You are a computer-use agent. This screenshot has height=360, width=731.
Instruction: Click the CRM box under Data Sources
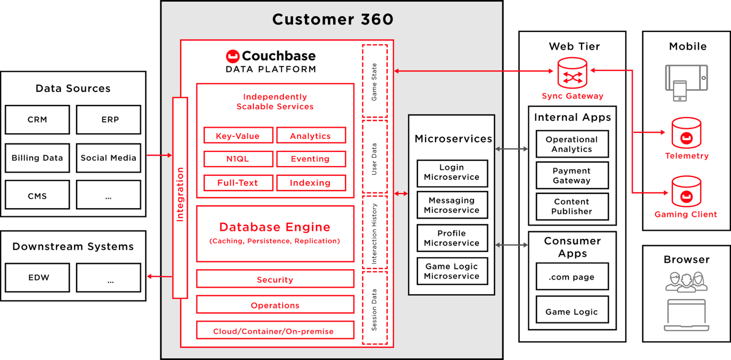(x=37, y=120)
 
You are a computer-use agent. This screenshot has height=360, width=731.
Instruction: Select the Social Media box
(x=108, y=158)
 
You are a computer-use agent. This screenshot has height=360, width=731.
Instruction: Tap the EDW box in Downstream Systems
(x=37, y=277)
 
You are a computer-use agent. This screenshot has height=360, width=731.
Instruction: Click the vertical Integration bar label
(x=180, y=194)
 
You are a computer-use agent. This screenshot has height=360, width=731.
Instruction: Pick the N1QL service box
(x=238, y=159)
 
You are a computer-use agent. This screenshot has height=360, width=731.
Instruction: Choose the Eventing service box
(x=311, y=159)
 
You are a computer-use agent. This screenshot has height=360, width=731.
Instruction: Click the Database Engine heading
(x=275, y=227)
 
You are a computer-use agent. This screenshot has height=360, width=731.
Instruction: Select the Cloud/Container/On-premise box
(x=275, y=331)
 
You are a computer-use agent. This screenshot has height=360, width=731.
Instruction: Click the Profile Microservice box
(x=452, y=238)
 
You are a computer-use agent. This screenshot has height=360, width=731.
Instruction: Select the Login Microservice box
(x=452, y=172)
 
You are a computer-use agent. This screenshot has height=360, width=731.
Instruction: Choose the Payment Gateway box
(x=572, y=175)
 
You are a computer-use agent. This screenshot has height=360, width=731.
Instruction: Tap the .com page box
(x=572, y=277)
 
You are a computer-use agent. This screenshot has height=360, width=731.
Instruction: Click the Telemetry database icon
(x=686, y=133)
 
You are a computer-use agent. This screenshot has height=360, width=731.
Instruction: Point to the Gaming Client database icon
(x=686, y=192)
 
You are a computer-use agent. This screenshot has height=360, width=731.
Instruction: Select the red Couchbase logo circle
(x=233, y=56)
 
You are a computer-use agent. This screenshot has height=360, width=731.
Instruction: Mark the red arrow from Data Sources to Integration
(x=159, y=155)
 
